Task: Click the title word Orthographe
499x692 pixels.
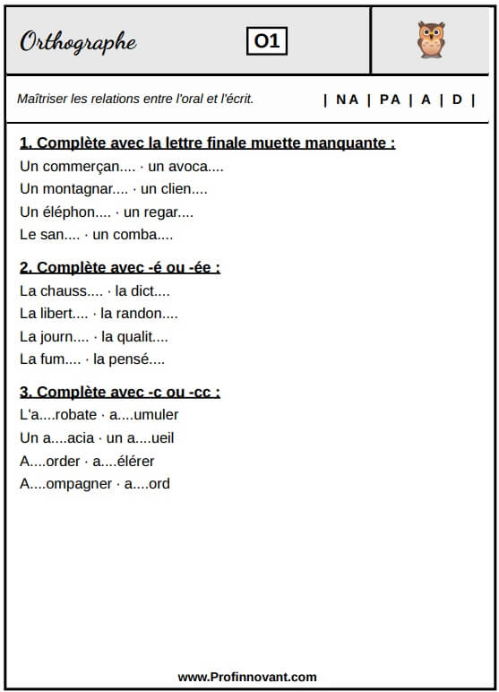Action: [x=78, y=42]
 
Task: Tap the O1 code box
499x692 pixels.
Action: [x=267, y=41]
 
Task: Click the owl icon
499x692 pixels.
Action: [x=431, y=40]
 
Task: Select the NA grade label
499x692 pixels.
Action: [x=347, y=99]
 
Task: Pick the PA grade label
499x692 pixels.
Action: [x=390, y=99]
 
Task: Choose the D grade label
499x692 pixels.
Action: [x=457, y=99]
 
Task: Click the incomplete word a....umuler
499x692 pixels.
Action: [x=143, y=414]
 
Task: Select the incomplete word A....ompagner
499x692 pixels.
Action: [x=65, y=484]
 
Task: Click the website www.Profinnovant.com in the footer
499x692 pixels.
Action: [x=247, y=678]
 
